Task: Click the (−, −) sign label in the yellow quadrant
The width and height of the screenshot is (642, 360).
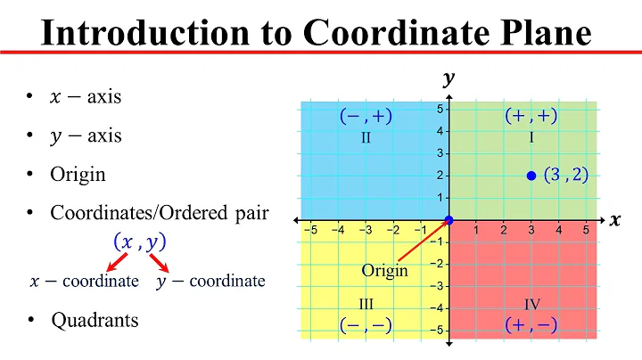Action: tap(366, 325)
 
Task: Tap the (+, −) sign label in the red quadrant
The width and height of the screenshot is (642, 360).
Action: tap(531, 325)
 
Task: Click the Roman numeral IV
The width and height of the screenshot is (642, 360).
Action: tap(531, 304)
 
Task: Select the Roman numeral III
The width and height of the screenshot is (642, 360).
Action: tap(366, 304)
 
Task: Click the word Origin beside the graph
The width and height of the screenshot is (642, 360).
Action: tap(384, 270)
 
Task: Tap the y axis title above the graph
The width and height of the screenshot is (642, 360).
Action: tap(449, 79)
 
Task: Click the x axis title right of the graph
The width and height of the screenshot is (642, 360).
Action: tap(614, 220)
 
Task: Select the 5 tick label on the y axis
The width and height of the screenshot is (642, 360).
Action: tap(440, 109)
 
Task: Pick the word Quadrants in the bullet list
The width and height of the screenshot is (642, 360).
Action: tap(95, 319)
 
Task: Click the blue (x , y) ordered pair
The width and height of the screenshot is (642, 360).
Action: tap(141, 241)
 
